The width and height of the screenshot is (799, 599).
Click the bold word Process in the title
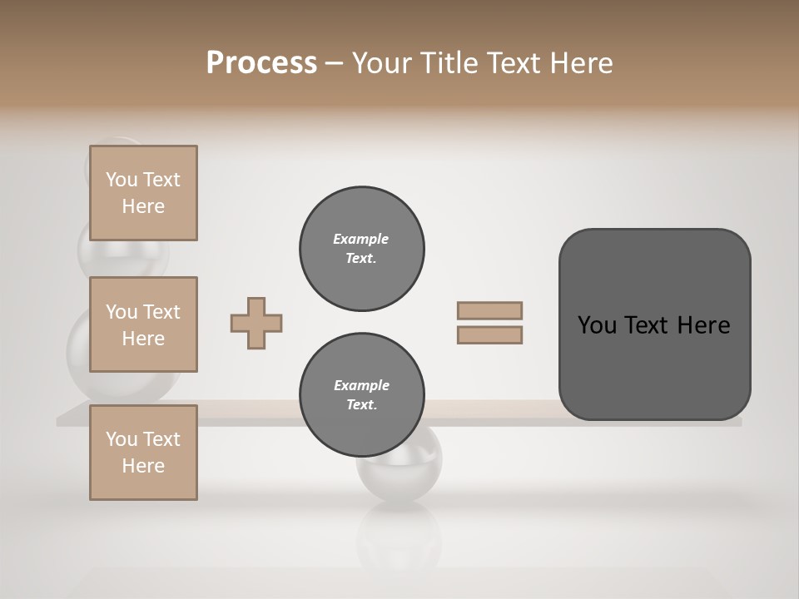click(261, 63)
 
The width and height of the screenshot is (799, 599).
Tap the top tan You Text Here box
click(143, 193)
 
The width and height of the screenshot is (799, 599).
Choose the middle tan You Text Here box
click(143, 324)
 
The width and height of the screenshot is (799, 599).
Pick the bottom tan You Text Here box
click(143, 452)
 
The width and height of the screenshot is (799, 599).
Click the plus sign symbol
click(256, 323)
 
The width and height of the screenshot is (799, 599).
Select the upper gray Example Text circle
click(361, 249)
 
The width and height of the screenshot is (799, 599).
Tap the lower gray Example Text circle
click(361, 395)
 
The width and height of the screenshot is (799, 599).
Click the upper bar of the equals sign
click(489, 310)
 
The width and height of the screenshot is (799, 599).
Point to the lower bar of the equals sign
click(489, 334)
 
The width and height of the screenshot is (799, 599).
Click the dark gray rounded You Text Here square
click(654, 324)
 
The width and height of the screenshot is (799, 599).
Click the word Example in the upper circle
click(361, 239)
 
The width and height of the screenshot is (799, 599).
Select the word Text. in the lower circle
click(361, 405)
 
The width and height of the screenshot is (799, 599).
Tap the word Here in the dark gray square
click(703, 325)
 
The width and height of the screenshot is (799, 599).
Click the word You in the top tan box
click(122, 180)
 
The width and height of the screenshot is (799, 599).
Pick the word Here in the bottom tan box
click(143, 466)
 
